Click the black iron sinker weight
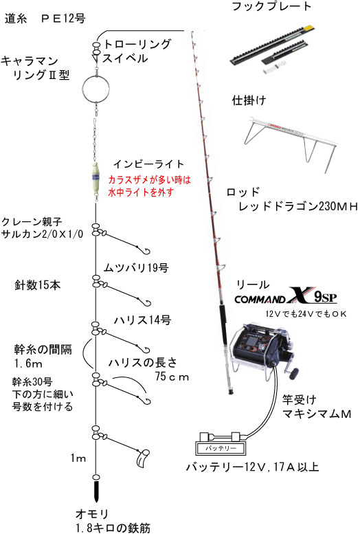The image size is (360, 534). point(96,491)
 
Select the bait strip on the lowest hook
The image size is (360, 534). point(142,458)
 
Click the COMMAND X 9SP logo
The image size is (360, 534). point(286,296)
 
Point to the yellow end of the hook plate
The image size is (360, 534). point(308,28)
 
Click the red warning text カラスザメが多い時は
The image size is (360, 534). point(150,179)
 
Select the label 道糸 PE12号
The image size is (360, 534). point(45,18)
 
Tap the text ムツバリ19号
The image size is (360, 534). point(136,267)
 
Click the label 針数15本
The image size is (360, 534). point(38,285)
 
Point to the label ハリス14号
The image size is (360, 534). point(142,320)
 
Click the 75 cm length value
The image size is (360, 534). point(172,377)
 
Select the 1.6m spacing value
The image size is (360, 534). point(29,364)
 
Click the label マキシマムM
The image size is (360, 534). point(317,414)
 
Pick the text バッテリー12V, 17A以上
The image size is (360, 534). point(252,467)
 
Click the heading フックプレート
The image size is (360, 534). point(271,6)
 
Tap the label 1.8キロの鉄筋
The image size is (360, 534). point(113,528)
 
